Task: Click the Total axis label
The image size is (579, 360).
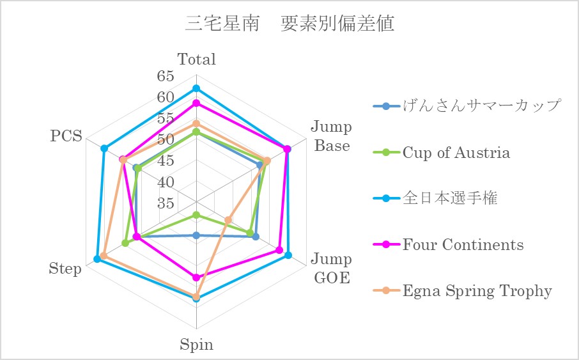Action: tap(196, 59)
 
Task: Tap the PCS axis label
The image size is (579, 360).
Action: tap(66, 136)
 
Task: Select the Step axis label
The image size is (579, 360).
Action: tap(65, 269)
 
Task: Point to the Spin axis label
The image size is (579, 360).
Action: tap(196, 345)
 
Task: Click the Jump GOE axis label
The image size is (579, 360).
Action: tap(332, 269)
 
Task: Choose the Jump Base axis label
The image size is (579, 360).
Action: tap(332, 136)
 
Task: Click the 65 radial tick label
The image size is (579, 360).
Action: tap(166, 76)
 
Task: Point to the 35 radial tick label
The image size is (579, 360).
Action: tap(166, 203)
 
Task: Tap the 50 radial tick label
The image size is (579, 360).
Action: tap(166, 139)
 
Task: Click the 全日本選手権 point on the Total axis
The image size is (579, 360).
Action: tap(196, 88)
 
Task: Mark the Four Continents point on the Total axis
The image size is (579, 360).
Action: tap(196, 103)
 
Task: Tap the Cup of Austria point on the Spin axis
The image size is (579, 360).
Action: tap(196, 215)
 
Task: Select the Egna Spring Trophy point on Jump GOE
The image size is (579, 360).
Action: tap(228, 221)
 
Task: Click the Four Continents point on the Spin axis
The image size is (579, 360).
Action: tap(196, 278)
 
